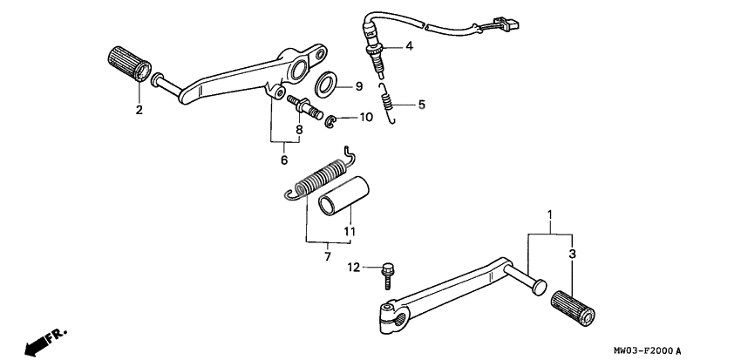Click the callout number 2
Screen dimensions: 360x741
click(138, 110)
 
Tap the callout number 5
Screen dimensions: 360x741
click(421, 105)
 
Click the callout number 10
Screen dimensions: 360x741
click(366, 117)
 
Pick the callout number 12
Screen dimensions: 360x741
click(354, 267)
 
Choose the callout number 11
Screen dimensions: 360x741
click(349, 231)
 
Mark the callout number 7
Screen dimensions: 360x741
click(328, 257)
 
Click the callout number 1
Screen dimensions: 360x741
click(549, 214)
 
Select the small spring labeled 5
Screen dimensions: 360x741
click(388, 101)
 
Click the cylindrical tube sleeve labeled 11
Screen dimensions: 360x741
click(343, 199)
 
